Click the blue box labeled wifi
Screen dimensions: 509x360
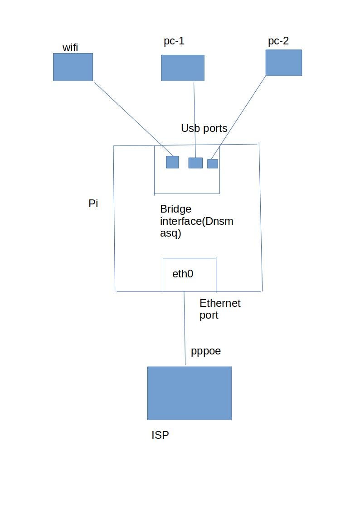(73, 67)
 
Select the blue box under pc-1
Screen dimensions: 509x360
(182, 68)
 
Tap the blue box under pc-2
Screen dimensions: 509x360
(283, 63)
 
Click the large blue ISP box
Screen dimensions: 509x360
(189, 393)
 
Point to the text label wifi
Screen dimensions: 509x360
(70, 47)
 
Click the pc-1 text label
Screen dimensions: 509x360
(174, 41)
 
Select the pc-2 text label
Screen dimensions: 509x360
(278, 41)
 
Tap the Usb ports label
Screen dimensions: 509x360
(204, 128)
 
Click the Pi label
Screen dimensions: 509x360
(93, 204)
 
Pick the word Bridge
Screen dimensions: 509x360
(175, 209)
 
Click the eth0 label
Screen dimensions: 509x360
(183, 274)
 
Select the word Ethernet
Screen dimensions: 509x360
(220, 303)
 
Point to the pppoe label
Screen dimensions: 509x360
(206, 351)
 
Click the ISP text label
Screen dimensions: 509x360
(160, 435)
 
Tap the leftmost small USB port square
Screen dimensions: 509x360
(172, 162)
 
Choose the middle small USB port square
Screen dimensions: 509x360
(195, 163)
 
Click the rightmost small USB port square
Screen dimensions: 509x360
(213, 164)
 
